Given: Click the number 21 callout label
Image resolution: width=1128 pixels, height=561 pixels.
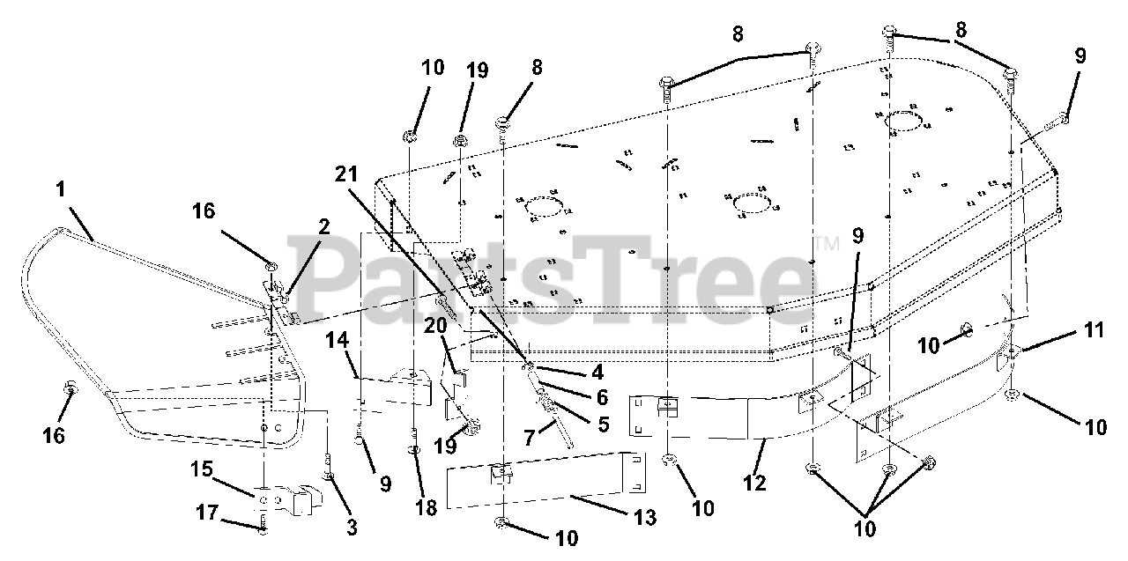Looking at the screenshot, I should tap(346, 174).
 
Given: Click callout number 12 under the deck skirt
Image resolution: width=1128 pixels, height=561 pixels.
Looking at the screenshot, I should tap(755, 483).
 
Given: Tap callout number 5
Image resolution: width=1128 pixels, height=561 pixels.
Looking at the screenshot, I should tap(603, 423).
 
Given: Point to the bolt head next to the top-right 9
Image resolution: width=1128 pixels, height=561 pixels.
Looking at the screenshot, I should tap(1064, 117).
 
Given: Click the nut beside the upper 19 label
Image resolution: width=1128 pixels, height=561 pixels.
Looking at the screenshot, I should tap(460, 140).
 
